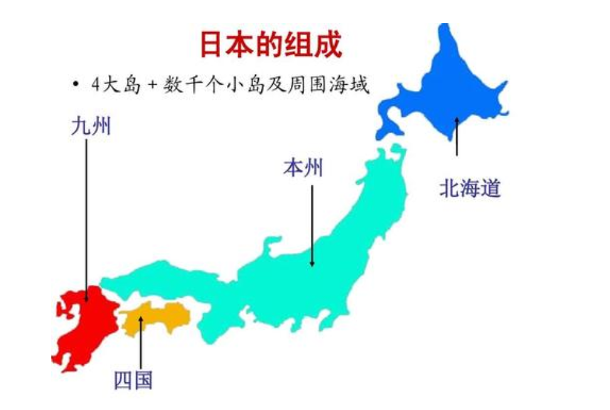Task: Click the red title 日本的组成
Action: pyautogui.click(x=270, y=45)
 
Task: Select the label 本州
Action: pyautogui.click(x=303, y=168)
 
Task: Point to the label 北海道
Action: pyautogui.click(x=470, y=188)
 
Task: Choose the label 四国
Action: pyautogui.click(x=133, y=380)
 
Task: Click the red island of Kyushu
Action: pyautogui.click(x=82, y=326)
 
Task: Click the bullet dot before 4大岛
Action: pyautogui.click(x=75, y=84)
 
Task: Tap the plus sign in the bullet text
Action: pyautogui.click(x=151, y=85)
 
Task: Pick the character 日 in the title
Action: pyautogui.click(x=212, y=45)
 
